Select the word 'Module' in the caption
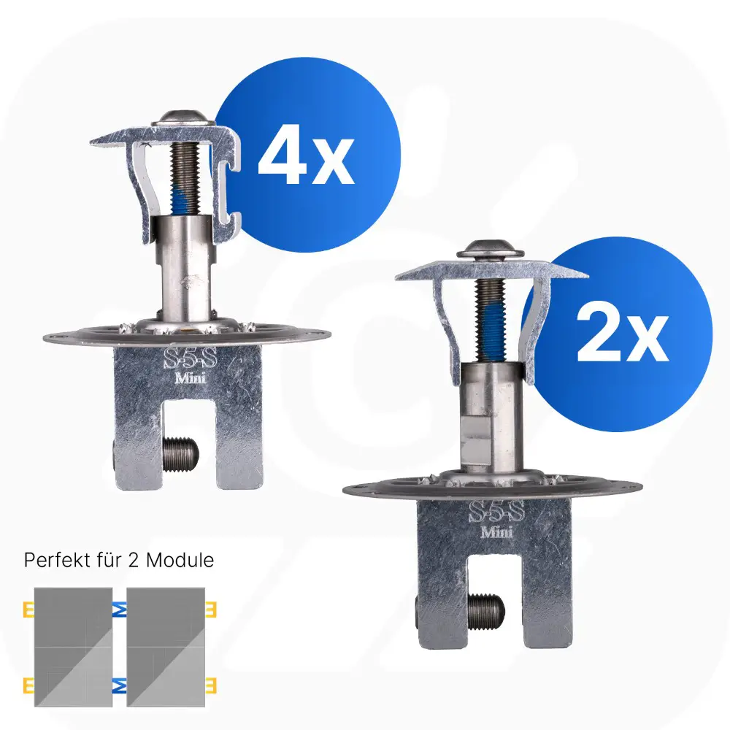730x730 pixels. [x=180, y=560]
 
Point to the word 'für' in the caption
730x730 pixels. [x=104, y=560]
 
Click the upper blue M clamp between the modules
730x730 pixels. [x=120, y=610]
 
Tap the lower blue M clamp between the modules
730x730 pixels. [x=120, y=685]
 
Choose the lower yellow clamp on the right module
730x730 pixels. [x=211, y=685]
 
